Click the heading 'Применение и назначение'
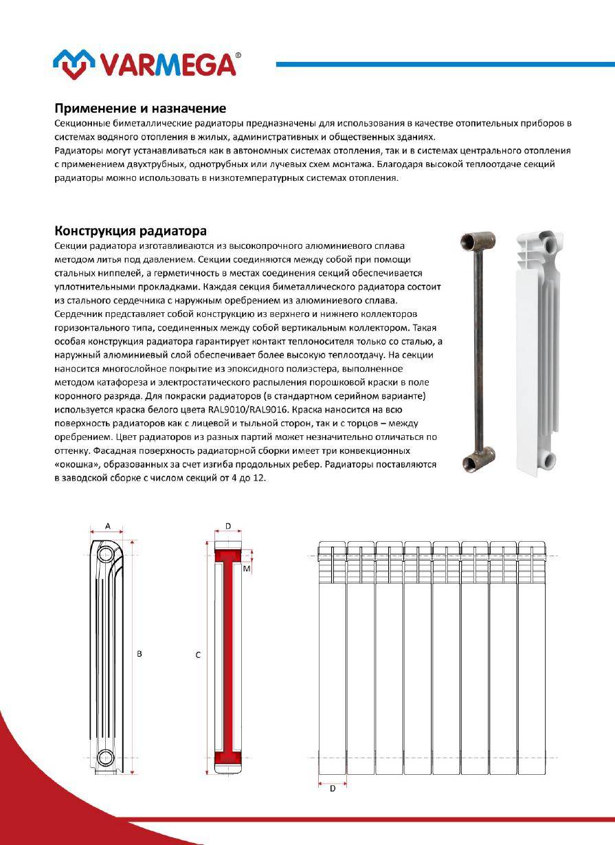(x=140, y=109)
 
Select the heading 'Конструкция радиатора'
(x=131, y=230)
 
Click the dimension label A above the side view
(x=108, y=525)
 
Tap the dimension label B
(x=139, y=655)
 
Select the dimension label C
(x=198, y=656)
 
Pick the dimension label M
(x=246, y=569)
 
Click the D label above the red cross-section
(x=228, y=526)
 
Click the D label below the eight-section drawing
(x=333, y=789)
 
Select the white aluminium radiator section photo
(x=535, y=351)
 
